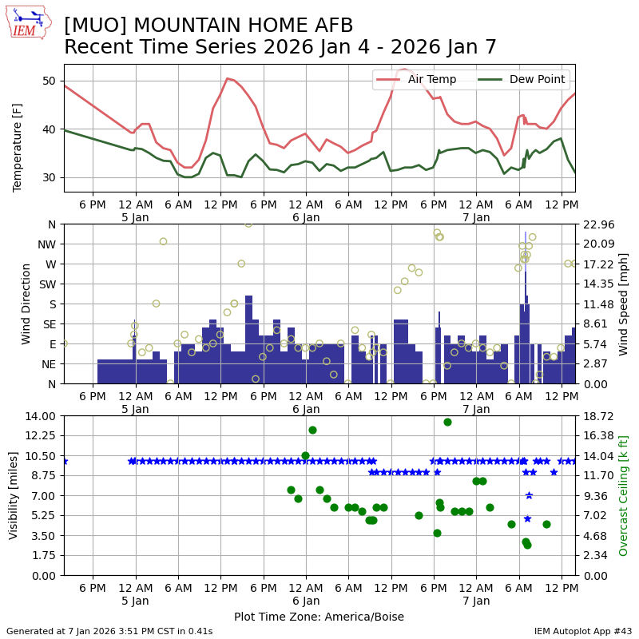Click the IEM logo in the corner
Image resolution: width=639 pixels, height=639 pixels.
tap(28, 22)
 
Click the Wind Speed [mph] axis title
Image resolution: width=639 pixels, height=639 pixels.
tap(624, 304)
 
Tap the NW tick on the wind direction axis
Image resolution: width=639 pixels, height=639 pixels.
tap(47, 244)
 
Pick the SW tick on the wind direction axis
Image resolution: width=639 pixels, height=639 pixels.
tap(47, 284)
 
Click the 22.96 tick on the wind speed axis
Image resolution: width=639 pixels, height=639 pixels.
tap(596, 224)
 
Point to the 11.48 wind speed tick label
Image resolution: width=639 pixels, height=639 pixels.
tap(596, 304)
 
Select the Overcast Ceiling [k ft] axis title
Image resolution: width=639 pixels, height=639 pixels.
tap(624, 496)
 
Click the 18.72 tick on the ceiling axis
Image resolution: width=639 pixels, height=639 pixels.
tap(596, 416)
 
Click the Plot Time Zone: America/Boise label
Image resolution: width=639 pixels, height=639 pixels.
tap(319, 617)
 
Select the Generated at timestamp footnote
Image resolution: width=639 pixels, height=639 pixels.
tap(109, 631)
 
